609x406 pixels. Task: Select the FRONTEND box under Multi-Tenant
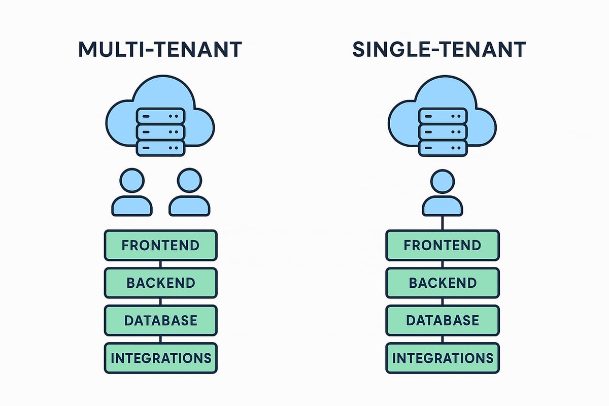point(160,245)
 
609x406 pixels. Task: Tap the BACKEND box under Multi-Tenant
point(160,283)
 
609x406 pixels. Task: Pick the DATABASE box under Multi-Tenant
point(160,320)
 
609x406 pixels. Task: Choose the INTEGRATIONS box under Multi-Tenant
point(160,358)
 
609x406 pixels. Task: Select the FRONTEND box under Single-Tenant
point(442,245)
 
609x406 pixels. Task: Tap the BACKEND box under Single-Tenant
point(442,283)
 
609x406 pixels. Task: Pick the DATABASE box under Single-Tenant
point(442,320)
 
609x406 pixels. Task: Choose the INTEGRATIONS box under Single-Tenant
point(442,358)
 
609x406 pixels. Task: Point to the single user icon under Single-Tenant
point(442,194)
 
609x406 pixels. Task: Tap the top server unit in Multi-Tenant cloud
point(160,116)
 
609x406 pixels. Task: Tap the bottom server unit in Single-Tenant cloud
point(442,148)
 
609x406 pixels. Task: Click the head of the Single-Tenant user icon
point(442,182)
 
